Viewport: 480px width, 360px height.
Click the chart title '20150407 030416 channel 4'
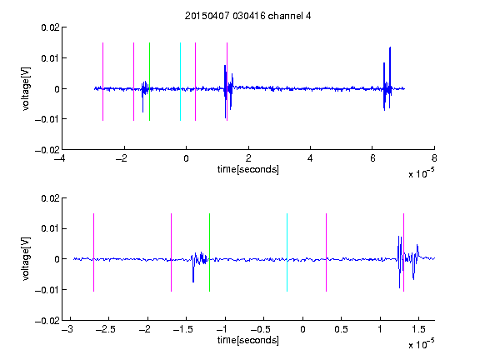click(247, 16)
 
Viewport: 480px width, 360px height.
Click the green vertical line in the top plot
click(149, 82)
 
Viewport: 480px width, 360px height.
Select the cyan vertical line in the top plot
click(180, 82)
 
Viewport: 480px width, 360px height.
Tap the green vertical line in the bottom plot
click(209, 252)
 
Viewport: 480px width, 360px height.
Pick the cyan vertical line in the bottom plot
click(287, 252)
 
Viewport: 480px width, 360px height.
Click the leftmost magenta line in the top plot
click(102, 82)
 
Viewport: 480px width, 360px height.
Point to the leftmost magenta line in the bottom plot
click(93, 252)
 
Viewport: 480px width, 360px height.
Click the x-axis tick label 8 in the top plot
click(434, 158)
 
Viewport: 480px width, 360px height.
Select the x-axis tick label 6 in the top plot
click(372, 158)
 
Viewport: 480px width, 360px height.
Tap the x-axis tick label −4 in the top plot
click(60, 158)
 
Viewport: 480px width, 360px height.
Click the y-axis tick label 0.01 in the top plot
click(50, 58)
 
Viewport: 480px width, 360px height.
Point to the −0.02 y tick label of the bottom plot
click(47, 321)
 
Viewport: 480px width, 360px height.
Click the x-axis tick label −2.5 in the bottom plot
click(105, 329)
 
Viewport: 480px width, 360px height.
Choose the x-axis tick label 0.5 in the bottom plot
click(341, 329)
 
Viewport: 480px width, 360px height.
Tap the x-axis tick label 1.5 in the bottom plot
click(418, 329)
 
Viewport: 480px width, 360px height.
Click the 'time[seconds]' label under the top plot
click(248, 169)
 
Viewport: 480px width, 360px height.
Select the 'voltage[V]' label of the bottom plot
click(26, 258)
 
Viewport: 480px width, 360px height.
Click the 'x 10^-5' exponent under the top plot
click(421, 173)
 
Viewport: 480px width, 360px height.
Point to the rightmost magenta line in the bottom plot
click(403, 252)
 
